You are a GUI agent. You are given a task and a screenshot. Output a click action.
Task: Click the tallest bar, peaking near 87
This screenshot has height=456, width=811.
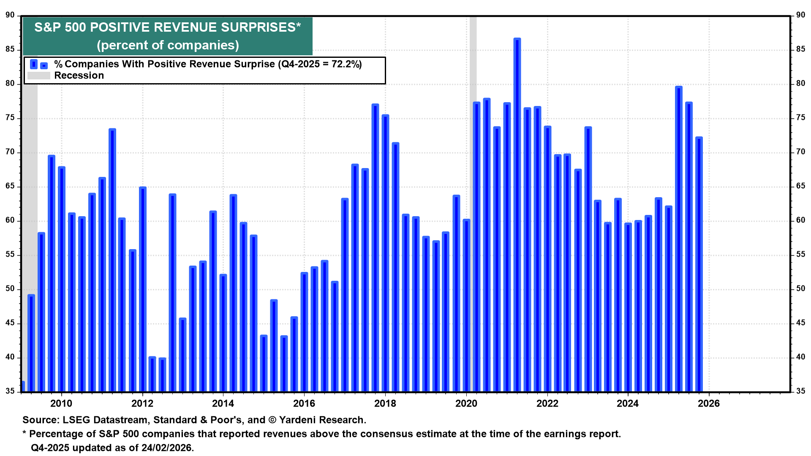(517, 211)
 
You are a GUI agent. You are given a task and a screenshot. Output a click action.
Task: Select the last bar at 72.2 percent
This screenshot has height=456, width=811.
(699, 262)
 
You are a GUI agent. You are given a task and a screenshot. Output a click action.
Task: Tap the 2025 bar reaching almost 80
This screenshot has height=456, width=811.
(679, 236)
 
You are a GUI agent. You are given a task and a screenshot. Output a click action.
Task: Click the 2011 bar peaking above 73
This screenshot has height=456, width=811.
(112, 258)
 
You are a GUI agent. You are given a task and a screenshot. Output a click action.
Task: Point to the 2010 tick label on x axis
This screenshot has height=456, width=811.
(61, 404)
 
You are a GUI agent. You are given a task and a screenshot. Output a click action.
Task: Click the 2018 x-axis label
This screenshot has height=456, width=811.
(385, 404)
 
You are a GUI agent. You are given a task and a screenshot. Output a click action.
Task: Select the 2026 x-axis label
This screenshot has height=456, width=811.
(709, 404)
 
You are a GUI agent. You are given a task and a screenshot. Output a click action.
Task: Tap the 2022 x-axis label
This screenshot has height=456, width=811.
(547, 404)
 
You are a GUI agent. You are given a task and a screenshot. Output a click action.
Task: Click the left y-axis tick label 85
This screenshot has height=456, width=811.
(10, 49)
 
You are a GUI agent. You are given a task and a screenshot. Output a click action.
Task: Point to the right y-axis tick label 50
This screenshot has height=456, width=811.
(800, 289)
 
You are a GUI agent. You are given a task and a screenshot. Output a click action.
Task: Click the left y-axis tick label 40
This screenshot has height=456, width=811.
(10, 357)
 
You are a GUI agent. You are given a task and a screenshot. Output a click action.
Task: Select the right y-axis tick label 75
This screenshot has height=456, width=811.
(800, 118)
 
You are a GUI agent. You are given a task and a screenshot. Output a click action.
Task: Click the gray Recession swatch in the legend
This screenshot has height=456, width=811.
(39, 76)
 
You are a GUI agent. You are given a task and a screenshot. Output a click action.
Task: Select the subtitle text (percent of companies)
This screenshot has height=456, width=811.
(168, 45)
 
